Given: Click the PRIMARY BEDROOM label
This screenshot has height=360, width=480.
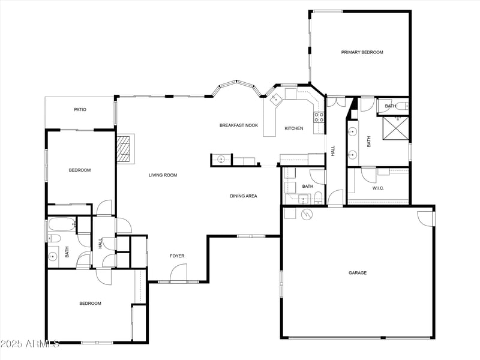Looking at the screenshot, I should (x=362, y=52).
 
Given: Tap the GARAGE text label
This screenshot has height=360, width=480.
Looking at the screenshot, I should (x=358, y=273).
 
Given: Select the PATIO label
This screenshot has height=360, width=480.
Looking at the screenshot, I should (x=80, y=110).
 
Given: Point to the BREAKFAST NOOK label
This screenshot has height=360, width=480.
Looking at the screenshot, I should (x=238, y=125).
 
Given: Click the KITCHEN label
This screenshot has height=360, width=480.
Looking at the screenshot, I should (x=293, y=128).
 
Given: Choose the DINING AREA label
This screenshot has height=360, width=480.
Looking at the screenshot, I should (x=244, y=196).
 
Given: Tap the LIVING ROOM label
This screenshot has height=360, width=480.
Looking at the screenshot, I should (x=163, y=175).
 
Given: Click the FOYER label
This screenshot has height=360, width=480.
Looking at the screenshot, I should (x=177, y=256).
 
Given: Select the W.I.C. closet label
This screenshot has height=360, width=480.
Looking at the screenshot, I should (x=378, y=188).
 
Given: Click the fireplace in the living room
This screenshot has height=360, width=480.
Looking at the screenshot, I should (x=124, y=148).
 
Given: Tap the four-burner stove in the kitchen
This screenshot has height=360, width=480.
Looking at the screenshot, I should (x=319, y=116).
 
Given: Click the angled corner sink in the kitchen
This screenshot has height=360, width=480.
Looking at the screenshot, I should (x=276, y=99).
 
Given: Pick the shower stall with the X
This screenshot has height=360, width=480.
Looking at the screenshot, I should (x=395, y=127).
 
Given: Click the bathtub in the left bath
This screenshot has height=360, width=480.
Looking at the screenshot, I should (x=61, y=226).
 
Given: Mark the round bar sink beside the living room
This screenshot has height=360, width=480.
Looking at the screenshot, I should (x=221, y=160).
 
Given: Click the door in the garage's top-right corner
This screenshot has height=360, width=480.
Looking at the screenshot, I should (x=427, y=218).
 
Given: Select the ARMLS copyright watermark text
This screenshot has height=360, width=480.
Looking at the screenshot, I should (x=30, y=344).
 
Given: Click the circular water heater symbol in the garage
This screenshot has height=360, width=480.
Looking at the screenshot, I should (x=307, y=213).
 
